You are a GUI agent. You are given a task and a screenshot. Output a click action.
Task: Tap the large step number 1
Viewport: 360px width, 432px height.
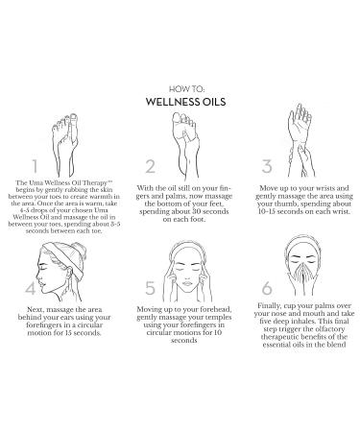tap(34, 169)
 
